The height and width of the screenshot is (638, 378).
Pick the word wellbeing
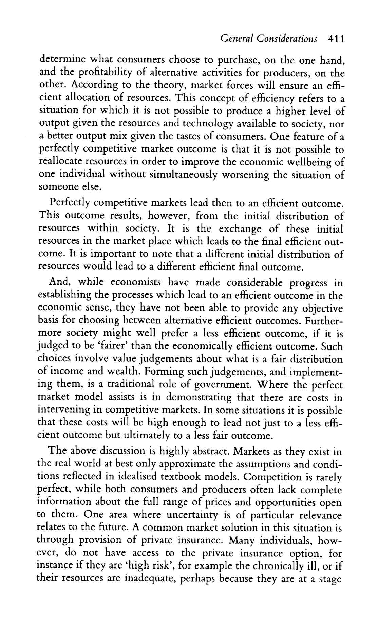coord(306,162)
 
